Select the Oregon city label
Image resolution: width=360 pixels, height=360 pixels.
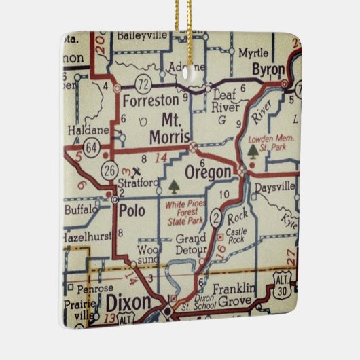coord(209,173)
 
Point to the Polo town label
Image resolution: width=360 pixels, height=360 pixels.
coord(130,211)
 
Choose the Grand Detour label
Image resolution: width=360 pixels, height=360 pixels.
coord(190,245)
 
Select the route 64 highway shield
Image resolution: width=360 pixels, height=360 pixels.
coord(90,146)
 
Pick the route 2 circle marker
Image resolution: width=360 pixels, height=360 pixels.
coord(216,217)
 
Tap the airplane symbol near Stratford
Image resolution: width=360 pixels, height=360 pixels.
coord(139,170)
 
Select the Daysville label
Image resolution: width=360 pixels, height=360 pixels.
coord(276,185)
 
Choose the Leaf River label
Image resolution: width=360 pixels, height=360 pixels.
coord(224,100)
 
